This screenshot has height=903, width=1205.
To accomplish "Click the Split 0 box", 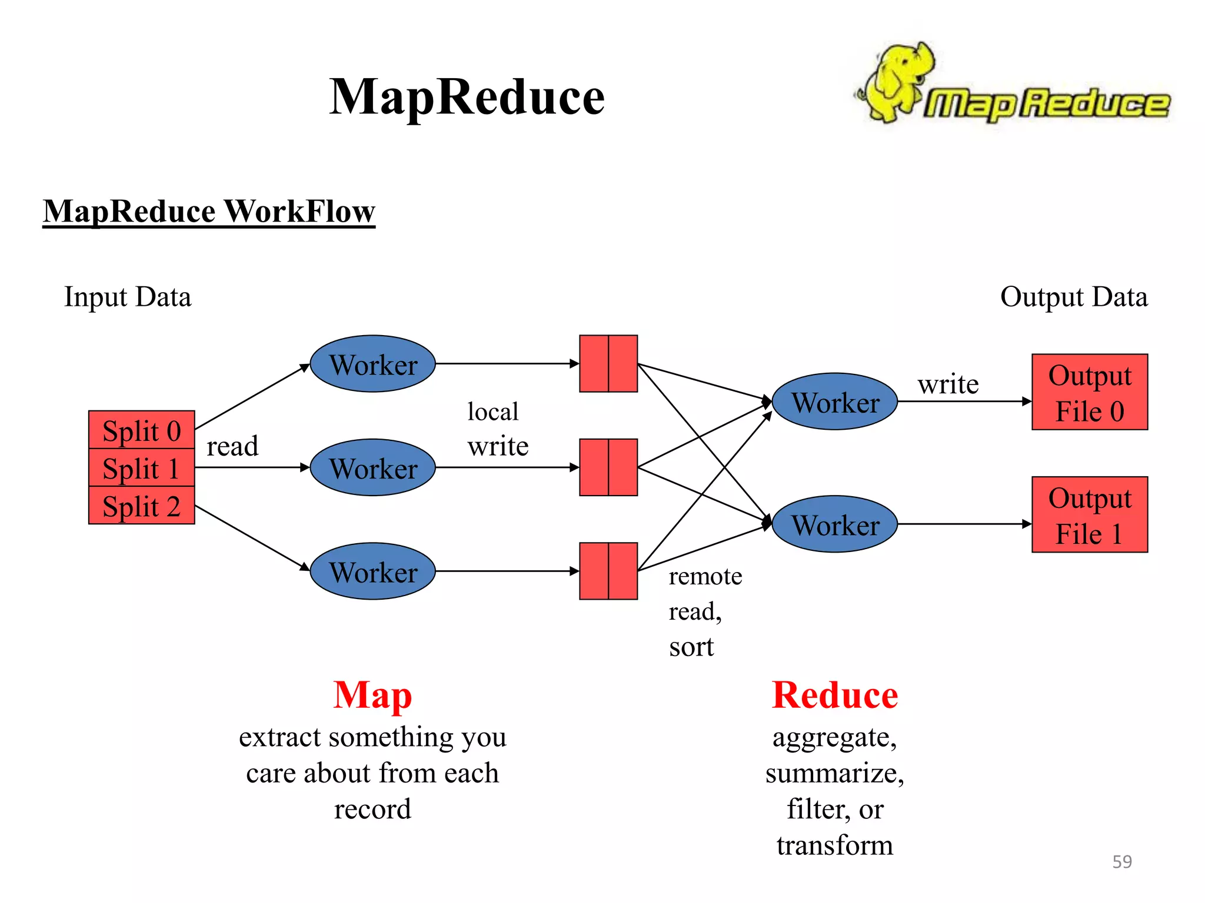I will [x=141, y=430].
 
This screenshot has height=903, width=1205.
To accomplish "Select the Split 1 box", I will [x=141, y=468].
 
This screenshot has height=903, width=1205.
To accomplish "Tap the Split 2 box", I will [x=141, y=506].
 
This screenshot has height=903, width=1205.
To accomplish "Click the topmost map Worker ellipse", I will [x=372, y=364].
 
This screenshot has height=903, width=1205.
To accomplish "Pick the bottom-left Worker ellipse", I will [x=372, y=571].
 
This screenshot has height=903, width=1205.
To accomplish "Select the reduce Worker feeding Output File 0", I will [x=834, y=402].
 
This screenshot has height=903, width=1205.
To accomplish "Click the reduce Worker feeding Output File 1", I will [x=834, y=524].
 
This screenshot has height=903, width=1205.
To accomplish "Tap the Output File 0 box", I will [x=1089, y=392].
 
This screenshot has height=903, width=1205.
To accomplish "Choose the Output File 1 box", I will [x=1089, y=514].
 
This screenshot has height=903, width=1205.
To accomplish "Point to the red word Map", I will [x=372, y=695].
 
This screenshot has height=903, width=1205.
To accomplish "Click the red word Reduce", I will [x=834, y=695].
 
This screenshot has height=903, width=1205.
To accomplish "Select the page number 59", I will [x=1121, y=861].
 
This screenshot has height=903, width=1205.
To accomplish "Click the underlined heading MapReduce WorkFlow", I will [x=209, y=211].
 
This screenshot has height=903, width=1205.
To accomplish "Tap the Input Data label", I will [x=128, y=297].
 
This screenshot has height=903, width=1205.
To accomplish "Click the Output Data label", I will [x=1073, y=297].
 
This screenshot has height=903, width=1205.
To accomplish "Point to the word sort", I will [x=691, y=647].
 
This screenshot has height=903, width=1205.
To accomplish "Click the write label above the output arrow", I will [x=948, y=384].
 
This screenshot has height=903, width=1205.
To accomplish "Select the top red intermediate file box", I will [x=608, y=364].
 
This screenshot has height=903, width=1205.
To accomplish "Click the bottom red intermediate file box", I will [x=608, y=571].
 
